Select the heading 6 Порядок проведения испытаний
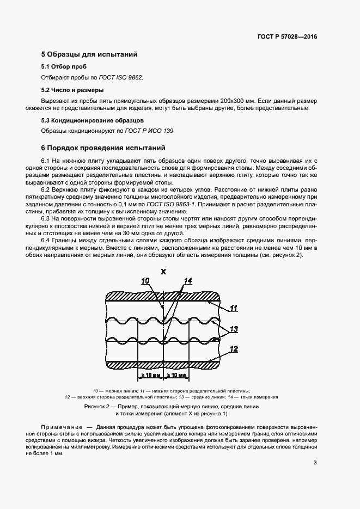100,148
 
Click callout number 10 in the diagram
145,281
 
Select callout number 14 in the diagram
188,281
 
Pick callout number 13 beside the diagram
234,329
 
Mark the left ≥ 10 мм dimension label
151,375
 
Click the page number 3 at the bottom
315,463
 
